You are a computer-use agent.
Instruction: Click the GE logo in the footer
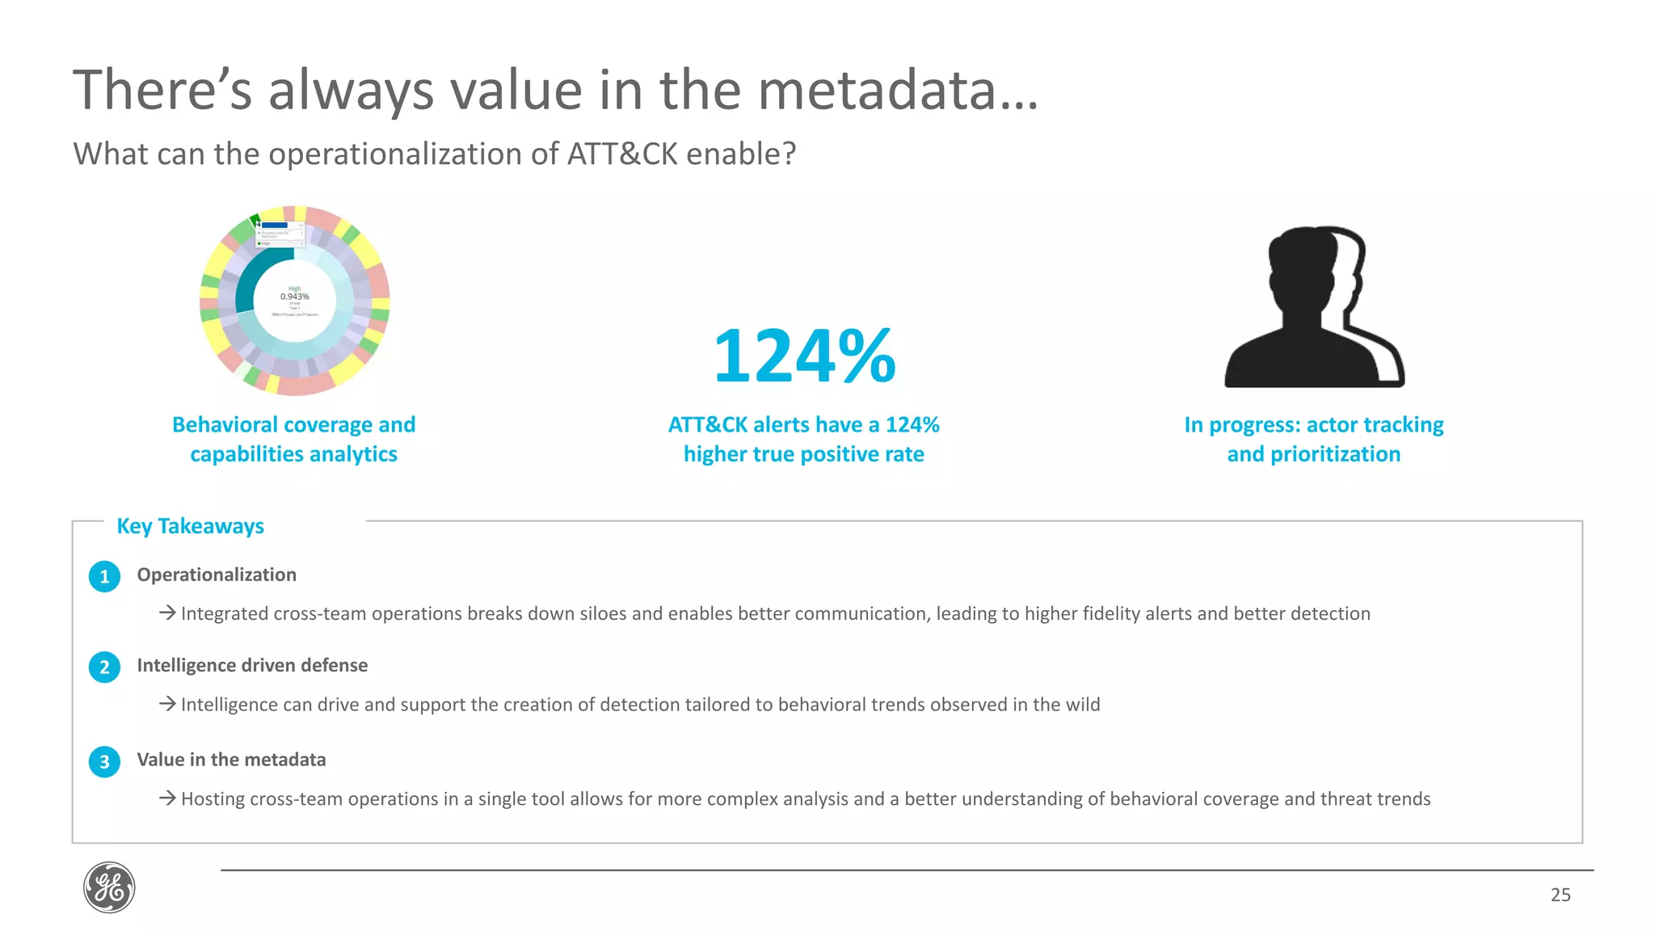click(109, 887)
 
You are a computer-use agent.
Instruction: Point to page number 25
click(1560, 895)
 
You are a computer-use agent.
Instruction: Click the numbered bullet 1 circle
click(104, 576)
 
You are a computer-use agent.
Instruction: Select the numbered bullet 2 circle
click(104, 668)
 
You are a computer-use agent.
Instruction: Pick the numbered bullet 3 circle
click(104, 761)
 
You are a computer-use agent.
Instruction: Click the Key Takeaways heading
click(191, 526)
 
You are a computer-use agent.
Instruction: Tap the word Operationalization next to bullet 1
click(217, 575)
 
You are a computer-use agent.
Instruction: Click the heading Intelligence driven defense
click(252, 665)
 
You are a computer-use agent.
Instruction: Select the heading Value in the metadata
click(231, 760)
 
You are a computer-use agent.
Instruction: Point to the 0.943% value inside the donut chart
click(295, 297)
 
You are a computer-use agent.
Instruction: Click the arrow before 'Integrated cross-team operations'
click(167, 613)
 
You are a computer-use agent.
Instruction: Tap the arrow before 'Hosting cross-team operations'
click(167, 798)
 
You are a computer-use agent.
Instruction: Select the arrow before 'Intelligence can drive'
click(167, 704)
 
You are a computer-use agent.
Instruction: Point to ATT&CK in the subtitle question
click(622, 154)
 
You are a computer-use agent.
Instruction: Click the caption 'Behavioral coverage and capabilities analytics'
click(294, 439)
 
